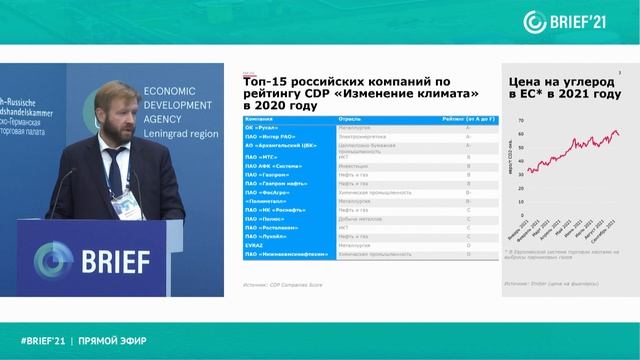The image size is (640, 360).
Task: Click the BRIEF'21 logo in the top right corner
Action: click(581, 20)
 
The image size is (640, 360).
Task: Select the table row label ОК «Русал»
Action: click(262, 129)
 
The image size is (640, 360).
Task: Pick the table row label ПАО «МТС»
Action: click(263, 156)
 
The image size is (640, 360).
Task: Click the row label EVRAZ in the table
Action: click(255, 244)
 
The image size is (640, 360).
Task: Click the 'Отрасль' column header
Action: click(350, 119)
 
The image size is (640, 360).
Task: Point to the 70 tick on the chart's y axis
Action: click(521, 119)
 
